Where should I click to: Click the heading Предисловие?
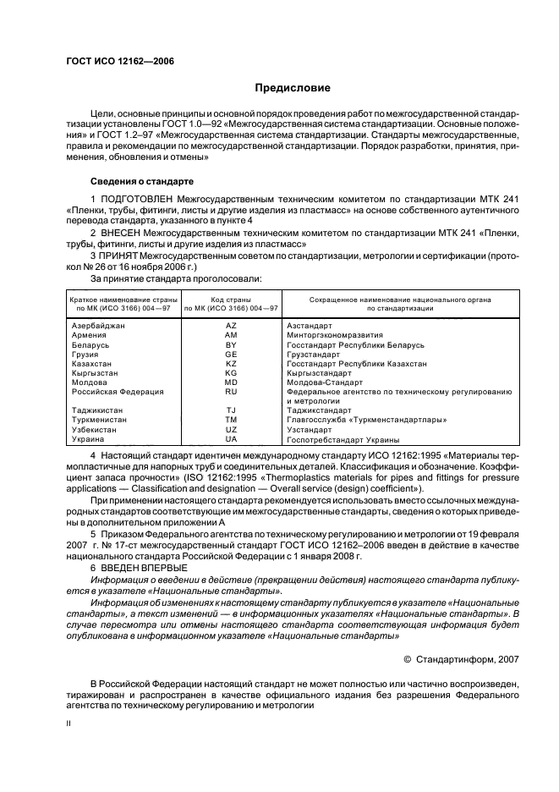[293, 89]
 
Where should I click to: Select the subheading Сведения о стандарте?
[142, 181]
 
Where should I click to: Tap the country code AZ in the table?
[231, 326]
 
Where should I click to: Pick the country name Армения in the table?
[90, 335]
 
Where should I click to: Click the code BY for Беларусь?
[231, 344]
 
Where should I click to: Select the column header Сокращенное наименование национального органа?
[400, 303]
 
